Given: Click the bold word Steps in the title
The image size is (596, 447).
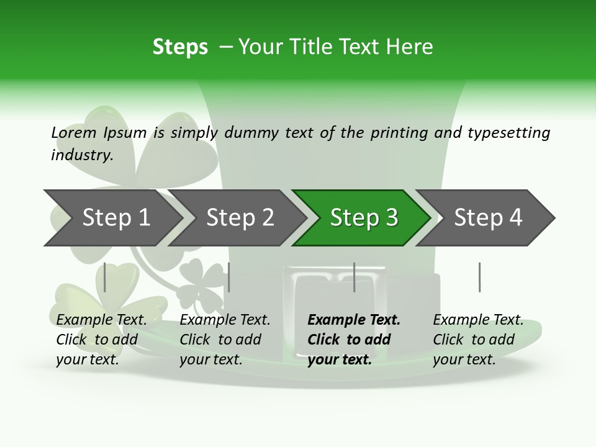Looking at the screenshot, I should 180,47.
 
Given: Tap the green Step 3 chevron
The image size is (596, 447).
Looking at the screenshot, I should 364,217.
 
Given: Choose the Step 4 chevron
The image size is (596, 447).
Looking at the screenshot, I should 488,217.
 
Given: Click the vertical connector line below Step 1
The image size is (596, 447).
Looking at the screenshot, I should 105,277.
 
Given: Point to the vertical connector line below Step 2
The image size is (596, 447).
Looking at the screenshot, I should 229,277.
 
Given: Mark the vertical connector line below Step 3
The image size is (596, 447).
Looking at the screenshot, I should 354,277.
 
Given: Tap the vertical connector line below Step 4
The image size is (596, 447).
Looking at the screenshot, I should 479,277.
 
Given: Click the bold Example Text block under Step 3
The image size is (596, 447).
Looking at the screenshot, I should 354,340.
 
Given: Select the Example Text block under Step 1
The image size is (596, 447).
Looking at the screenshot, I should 101,340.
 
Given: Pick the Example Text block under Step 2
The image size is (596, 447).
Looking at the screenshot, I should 225,340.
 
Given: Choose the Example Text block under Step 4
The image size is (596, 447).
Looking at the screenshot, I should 478,340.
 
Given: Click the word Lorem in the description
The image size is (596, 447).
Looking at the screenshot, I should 74,132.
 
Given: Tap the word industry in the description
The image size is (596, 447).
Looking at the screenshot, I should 82,155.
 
